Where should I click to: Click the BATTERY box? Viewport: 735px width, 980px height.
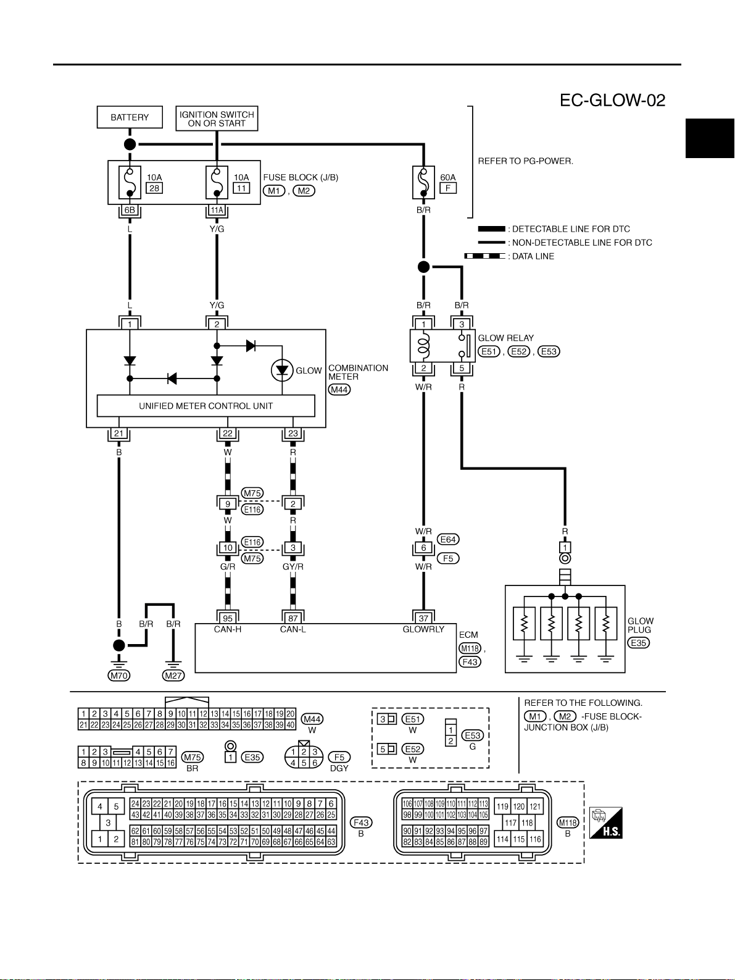(130, 117)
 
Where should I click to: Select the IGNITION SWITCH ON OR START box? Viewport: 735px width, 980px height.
(217, 119)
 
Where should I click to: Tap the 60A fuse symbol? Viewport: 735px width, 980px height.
(423, 182)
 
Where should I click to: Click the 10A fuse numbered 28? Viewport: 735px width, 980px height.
(130, 182)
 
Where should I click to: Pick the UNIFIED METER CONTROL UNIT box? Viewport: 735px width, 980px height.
(206, 406)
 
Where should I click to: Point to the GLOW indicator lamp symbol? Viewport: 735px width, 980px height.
(282, 370)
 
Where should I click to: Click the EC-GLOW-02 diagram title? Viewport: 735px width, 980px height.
(612, 100)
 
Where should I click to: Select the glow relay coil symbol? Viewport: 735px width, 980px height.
(423, 346)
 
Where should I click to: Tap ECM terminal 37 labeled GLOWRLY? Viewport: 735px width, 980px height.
(423, 618)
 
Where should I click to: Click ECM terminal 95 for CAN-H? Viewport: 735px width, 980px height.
(228, 618)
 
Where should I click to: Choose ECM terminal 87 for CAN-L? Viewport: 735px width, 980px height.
(293, 618)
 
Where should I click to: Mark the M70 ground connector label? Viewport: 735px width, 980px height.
(119, 676)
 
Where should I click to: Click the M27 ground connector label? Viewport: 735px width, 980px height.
(173, 676)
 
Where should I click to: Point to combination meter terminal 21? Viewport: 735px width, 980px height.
(118, 433)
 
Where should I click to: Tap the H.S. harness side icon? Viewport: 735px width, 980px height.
(605, 823)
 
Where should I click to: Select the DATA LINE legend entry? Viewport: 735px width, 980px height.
(509, 256)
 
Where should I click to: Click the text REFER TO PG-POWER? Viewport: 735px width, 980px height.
(525, 161)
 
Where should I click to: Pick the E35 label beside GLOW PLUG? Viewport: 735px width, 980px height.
(638, 643)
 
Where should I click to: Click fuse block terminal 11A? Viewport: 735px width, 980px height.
(217, 211)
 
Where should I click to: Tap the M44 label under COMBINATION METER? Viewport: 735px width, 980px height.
(339, 389)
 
